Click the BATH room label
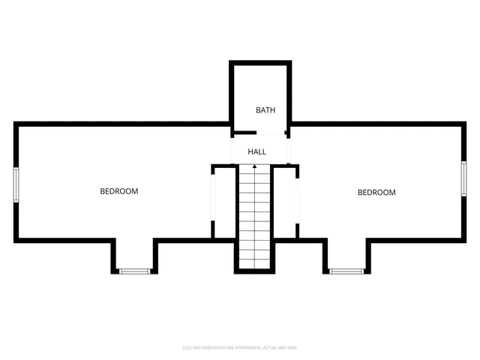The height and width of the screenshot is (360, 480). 265,110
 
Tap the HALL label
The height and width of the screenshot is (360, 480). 257,152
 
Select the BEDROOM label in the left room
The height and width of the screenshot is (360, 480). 119,191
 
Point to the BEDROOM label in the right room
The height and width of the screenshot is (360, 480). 376,193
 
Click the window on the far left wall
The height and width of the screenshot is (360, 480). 16,184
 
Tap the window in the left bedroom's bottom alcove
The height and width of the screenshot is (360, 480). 135,271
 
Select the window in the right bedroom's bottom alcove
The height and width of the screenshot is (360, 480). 346,271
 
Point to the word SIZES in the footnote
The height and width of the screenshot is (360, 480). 188,348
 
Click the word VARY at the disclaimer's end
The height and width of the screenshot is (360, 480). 292,348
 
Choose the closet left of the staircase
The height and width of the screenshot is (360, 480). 223,202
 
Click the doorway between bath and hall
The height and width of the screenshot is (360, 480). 259,135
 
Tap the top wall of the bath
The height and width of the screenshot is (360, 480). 259,64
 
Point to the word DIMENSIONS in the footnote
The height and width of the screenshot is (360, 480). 214,348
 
